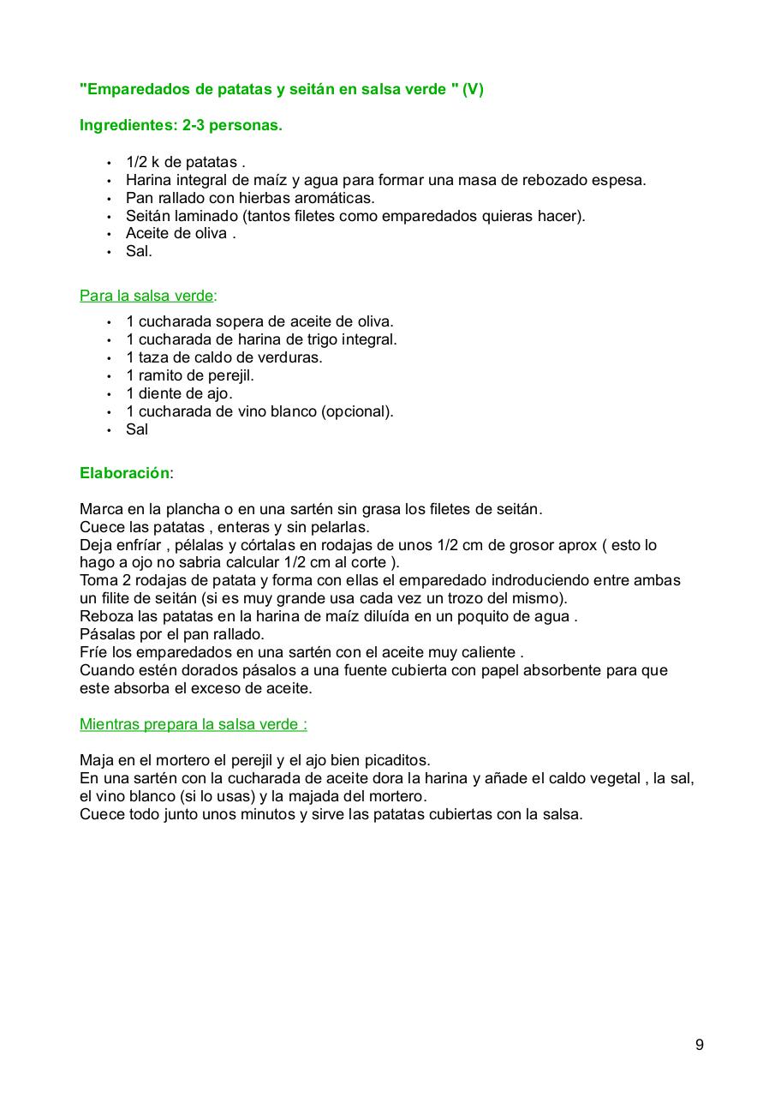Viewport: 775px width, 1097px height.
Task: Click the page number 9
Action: tap(700, 1044)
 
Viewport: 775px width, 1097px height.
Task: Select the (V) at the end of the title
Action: tap(473, 89)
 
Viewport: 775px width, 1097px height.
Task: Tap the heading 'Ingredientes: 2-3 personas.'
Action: tap(181, 125)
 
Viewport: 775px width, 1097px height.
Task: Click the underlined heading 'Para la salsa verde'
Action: tap(146, 296)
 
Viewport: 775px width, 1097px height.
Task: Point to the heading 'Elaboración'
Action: tap(124, 473)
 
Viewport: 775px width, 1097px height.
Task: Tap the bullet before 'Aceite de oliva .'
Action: tap(109, 234)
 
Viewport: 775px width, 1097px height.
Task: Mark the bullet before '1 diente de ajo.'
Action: tap(109, 394)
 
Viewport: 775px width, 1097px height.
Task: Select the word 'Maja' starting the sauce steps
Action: tap(96, 760)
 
